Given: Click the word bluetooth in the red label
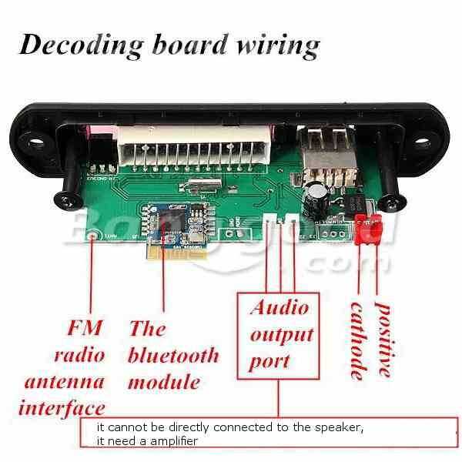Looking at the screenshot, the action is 173,356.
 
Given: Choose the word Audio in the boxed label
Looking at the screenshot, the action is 279,308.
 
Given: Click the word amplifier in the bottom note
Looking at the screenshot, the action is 171,441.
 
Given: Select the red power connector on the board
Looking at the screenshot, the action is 368,229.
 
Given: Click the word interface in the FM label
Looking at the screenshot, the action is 62,407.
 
